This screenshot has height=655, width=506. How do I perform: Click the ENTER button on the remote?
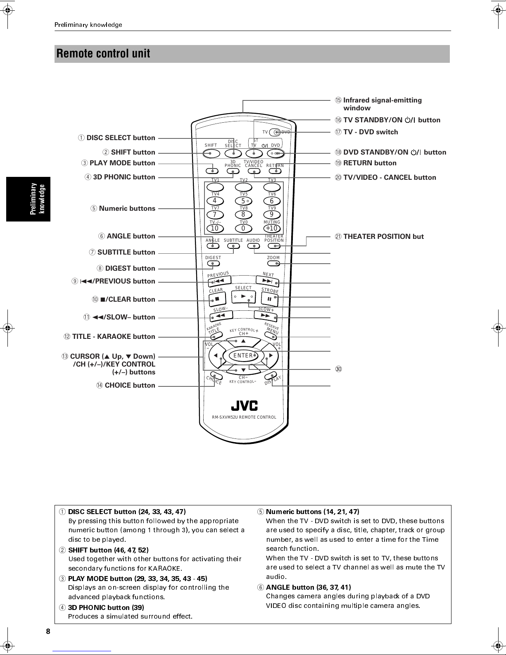tap(243, 355)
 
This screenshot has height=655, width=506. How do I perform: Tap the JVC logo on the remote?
tap(244, 406)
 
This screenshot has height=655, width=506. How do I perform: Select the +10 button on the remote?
tap(272, 228)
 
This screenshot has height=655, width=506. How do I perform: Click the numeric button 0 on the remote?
tap(243, 228)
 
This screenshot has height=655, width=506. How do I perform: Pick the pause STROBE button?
tap(270, 299)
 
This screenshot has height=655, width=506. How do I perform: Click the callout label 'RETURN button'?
tap(370, 163)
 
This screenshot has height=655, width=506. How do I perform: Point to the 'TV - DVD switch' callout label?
tap(371, 132)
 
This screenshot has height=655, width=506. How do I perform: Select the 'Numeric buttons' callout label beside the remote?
tap(127, 208)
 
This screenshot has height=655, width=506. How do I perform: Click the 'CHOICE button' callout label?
tap(130, 385)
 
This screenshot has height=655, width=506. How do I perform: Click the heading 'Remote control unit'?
tap(103, 53)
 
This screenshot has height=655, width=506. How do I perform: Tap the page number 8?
tap(48, 631)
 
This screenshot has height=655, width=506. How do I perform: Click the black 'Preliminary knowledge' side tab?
tap(29, 199)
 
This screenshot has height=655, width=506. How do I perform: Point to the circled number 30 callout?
tap(339, 369)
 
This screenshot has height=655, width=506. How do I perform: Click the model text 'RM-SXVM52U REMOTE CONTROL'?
tap(244, 417)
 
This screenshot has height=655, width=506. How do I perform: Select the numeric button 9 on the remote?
tap(272, 214)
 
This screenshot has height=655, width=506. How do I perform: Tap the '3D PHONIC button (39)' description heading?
tap(106, 607)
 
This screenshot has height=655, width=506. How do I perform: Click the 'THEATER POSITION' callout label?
tap(383, 237)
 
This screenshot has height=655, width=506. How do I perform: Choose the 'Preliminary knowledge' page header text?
tap(88, 25)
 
